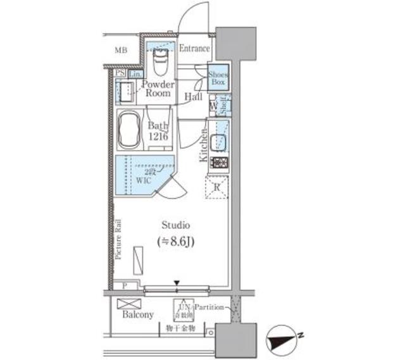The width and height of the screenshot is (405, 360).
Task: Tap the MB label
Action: [120, 50]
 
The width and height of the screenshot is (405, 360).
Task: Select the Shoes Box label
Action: [218, 77]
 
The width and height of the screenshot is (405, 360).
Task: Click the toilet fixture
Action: [161, 62]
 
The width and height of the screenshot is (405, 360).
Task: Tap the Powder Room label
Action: [156, 89]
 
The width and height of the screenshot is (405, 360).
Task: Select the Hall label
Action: [194, 97]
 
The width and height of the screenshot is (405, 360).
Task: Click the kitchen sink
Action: [220, 143]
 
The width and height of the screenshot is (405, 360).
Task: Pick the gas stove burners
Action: [219, 163]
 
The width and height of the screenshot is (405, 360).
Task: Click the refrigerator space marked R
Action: [217, 187]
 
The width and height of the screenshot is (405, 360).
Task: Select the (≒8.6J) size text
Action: [176, 240]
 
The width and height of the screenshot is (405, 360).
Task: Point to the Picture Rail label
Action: [118, 239]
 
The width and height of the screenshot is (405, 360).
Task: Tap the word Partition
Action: [208, 307]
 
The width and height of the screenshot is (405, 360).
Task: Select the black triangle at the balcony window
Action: [178, 283]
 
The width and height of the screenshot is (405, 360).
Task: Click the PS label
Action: [120, 73]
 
